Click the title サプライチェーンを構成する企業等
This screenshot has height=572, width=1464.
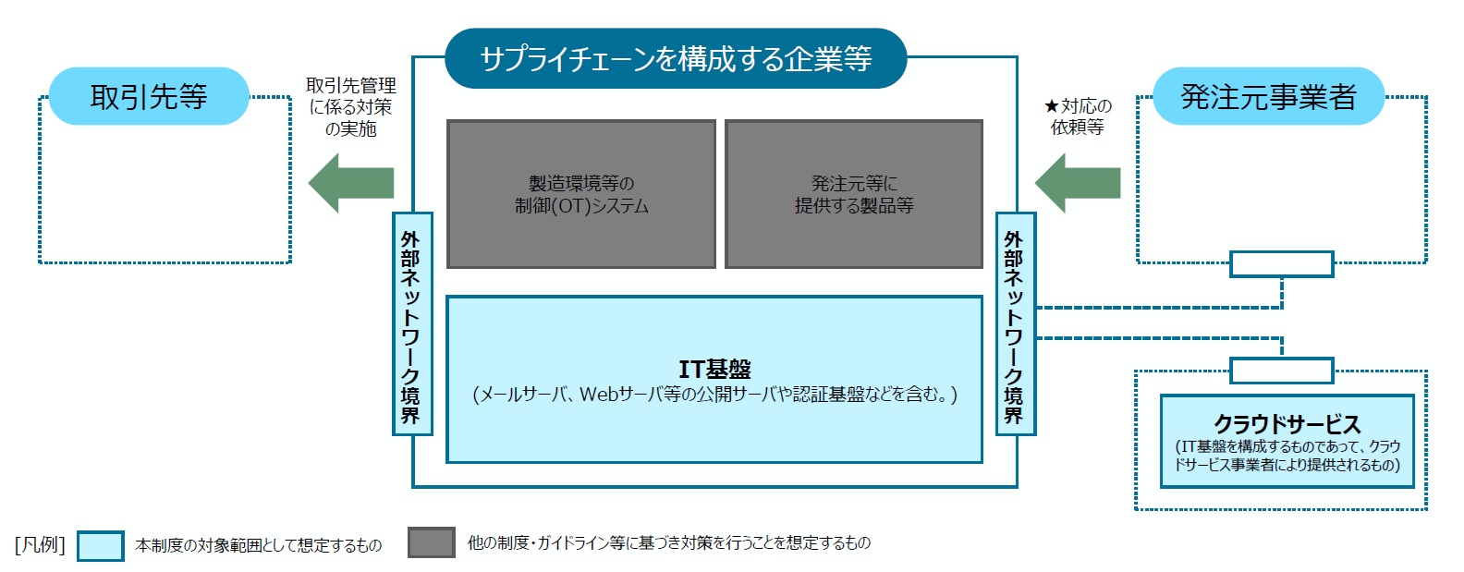[676, 59]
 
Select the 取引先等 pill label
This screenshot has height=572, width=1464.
[149, 96]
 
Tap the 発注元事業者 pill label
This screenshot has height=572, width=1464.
[1269, 96]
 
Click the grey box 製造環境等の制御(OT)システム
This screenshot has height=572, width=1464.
[581, 194]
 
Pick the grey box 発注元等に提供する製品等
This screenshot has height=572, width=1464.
[854, 194]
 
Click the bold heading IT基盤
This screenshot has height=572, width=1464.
[714, 370]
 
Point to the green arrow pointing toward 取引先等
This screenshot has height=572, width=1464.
[351, 183]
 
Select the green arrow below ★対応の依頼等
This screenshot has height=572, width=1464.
[1078, 183]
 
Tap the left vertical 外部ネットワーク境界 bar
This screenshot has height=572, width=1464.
[412, 323]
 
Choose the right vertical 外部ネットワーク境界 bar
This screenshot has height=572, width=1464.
[1016, 323]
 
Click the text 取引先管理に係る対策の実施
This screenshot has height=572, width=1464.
[351, 107]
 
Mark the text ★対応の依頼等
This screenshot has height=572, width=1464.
[1078, 116]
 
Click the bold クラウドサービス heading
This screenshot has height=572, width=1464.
[1287, 424]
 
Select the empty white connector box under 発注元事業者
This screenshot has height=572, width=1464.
[1282, 264]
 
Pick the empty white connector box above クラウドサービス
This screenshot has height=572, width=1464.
[1282, 371]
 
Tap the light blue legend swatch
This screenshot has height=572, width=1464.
[101, 546]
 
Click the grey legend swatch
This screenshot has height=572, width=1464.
[432, 542]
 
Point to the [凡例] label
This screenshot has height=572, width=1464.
[40, 544]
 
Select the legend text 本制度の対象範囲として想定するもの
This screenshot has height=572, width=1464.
[258, 545]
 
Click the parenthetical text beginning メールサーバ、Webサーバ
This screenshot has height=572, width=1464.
[714, 395]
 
